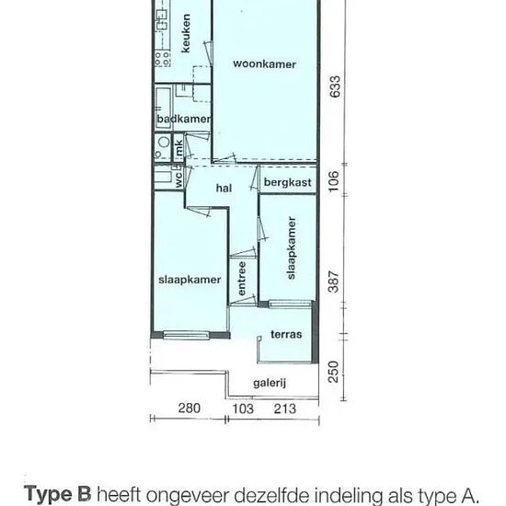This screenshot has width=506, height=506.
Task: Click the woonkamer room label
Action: tap(264, 63)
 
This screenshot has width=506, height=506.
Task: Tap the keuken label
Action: tap(186, 33)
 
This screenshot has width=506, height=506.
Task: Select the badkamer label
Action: tap(184, 119)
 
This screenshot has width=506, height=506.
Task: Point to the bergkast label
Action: tap(288, 182)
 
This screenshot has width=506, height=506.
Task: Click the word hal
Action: tap(224, 188)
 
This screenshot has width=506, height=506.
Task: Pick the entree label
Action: tap(242, 278)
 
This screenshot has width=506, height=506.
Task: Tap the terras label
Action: tap(286, 334)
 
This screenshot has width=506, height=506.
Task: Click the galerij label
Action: tap(270, 383)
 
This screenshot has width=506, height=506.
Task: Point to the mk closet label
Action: tap(178, 148)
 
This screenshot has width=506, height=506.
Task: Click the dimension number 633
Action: tap(334, 86)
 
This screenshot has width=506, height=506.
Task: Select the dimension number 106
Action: tap(334, 181)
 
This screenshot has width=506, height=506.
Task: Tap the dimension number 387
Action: tap(334, 282)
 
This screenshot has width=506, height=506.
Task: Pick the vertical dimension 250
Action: tap(334, 372)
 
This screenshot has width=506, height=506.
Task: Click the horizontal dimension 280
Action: tap(190, 408)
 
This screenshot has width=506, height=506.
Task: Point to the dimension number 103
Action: tap(243, 408)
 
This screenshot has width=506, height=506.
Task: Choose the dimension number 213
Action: tap(285, 408)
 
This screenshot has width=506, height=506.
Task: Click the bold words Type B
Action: tap(58, 494)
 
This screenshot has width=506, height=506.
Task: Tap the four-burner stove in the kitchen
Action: tap(162, 59)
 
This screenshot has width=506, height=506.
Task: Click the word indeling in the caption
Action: tap(349, 495)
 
